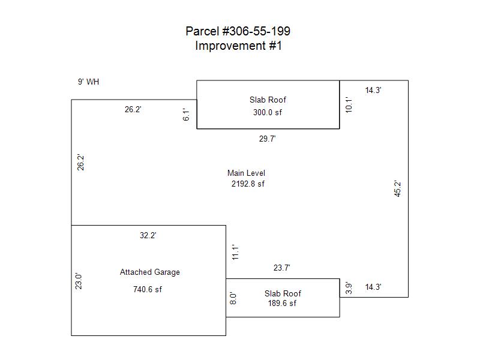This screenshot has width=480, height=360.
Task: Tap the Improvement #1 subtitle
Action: point(238,46)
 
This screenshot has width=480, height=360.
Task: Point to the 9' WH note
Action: point(88,82)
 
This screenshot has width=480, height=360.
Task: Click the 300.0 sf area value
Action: point(268,112)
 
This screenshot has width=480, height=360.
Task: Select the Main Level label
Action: point(246,173)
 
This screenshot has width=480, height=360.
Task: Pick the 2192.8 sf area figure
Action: point(248,184)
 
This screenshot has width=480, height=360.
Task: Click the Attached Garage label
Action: point(149,272)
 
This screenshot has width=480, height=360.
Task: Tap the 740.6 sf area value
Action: point(148,289)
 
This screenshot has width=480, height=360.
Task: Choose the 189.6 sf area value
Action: point(282,303)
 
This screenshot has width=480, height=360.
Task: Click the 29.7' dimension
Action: point(267,139)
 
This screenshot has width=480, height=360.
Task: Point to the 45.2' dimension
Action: point(397,189)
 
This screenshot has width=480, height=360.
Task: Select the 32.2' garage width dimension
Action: point(148,236)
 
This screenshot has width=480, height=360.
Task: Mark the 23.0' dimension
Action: point(79,281)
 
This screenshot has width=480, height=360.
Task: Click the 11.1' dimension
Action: point(236,252)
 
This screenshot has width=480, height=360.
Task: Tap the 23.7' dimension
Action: point(282,268)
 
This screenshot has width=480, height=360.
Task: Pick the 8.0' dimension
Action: point(234,298)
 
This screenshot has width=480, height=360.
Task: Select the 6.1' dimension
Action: point(187,115)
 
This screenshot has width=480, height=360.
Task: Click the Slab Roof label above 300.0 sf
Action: point(268,100)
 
